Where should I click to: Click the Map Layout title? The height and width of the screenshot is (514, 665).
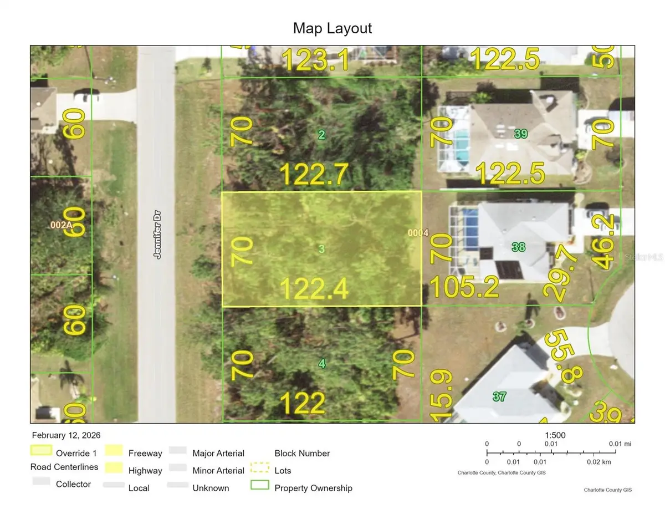pos(332,28)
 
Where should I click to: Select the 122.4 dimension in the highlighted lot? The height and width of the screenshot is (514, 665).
pos(314,289)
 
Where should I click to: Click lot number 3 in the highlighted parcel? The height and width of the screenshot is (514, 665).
pos(321,248)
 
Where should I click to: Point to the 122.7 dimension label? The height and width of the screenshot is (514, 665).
pos(314,175)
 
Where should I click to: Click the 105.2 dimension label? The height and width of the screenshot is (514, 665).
pos(464,287)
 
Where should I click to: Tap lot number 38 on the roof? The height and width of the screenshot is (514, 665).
pos(518,247)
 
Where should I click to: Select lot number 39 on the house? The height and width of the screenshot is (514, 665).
pos(520,134)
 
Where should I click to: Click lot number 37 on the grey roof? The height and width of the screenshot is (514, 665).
pos(499,396)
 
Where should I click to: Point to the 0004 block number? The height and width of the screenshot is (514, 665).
pos(418,233)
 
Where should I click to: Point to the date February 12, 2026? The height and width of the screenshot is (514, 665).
pos(66,435)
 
